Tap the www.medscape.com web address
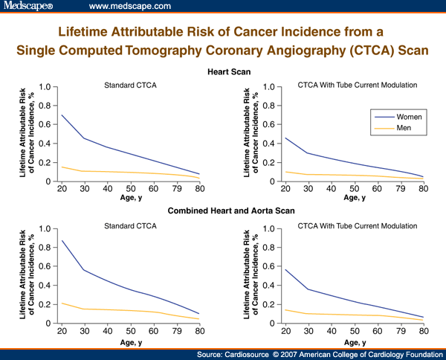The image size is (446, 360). pyautogui.click(x=130, y=6)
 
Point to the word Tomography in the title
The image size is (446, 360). pyautogui.click(x=197, y=51)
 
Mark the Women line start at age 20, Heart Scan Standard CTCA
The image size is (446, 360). pyautogui.click(x=61, y=115)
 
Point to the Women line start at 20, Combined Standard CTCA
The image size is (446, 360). pyautogui.click(x=61, y=240)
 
